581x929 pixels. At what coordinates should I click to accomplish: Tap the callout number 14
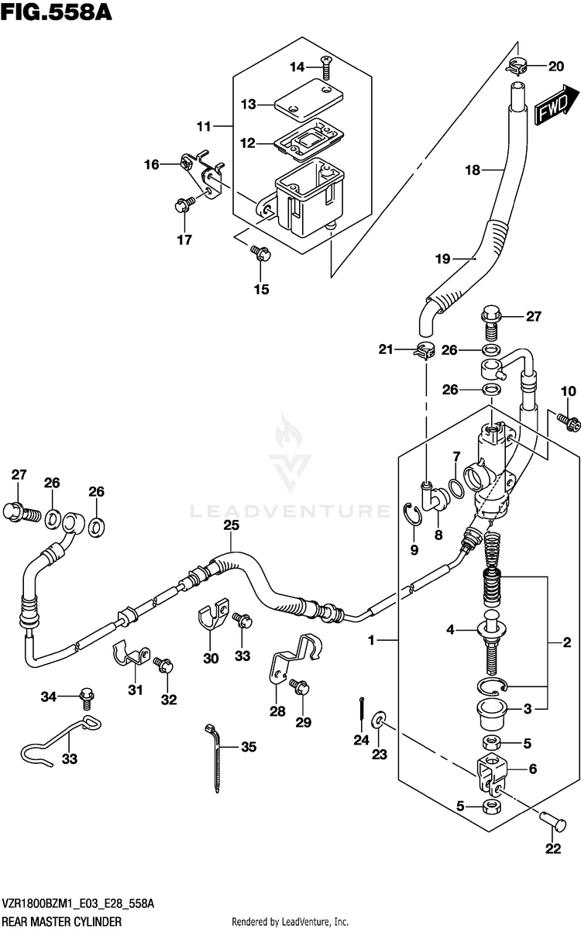pyautogui.click(x=297, y=67)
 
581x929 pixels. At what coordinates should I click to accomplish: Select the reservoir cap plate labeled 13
pyautogui.click(x=308, y=98)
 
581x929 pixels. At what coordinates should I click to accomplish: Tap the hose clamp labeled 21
pyautogui.click(x=423, y=350)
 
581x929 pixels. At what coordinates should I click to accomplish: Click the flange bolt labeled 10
pyautogui.click(x=569, y=421)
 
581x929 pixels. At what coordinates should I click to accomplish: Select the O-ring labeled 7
pyautogui.click(x=456, y=487)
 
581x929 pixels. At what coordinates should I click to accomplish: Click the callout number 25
pyautogui.click(x=231, y=525)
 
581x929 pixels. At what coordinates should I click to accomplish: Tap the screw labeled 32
pyautogui.click(x=162, y=666)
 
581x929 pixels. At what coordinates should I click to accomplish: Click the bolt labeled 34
pyautogui.click(x=87, y=697)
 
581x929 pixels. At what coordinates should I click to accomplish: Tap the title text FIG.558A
pyautogui.click(x=57, y=12)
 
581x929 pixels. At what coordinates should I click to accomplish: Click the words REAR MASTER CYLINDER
pyautogui.click(x=62, y=921)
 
